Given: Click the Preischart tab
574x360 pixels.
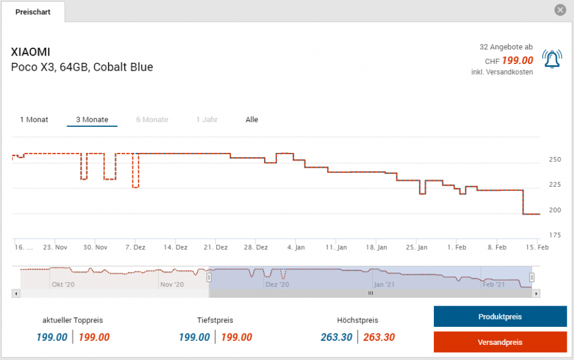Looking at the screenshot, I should click(33, 12).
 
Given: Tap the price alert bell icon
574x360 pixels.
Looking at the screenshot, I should click(552, 59).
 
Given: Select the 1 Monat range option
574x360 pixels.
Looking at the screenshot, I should click(34, 119).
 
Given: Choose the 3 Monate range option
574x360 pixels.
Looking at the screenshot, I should click(92, 119).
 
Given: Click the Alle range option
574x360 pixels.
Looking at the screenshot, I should click(252, 119).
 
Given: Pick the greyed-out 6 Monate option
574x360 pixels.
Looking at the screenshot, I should click(152, 119).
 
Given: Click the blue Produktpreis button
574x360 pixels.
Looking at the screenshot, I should click(500, 316).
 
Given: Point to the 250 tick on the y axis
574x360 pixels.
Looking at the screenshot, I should click(554, 160).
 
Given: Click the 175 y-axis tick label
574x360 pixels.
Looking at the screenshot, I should click(554, 235).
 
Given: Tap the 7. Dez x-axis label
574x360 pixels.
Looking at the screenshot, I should click(136, 247).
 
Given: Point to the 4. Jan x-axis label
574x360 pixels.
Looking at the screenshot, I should click(296, 247).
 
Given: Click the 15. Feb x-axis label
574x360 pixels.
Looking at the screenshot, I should click(538, 247).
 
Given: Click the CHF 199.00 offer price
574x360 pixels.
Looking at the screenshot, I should click(509, 61).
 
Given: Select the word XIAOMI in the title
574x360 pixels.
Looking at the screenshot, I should click(30, 52).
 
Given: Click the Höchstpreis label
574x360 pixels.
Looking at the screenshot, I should click(358, 320).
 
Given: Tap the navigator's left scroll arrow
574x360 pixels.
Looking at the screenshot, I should click(16, 293).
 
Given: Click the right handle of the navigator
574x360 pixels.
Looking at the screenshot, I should click(532, 277).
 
